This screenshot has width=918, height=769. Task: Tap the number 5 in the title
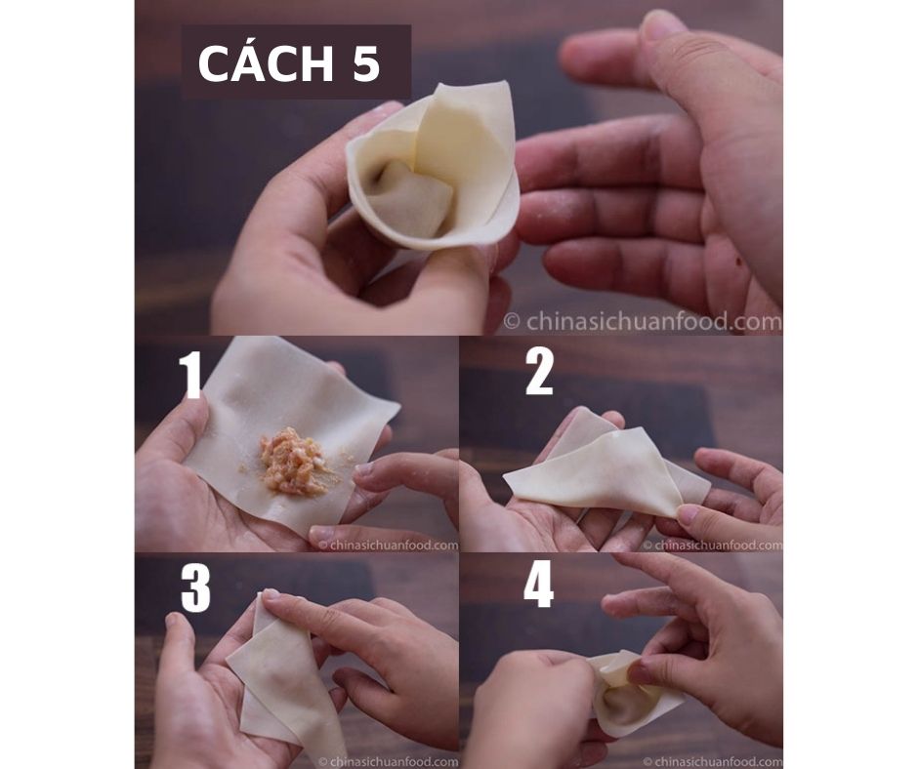tap(361, 63)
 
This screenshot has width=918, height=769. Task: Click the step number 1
tap(190, 377)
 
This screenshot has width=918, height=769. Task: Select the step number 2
tap(538, 372)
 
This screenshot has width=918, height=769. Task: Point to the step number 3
tap(194, 589)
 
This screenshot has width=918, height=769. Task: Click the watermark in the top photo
tap(642, 321)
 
